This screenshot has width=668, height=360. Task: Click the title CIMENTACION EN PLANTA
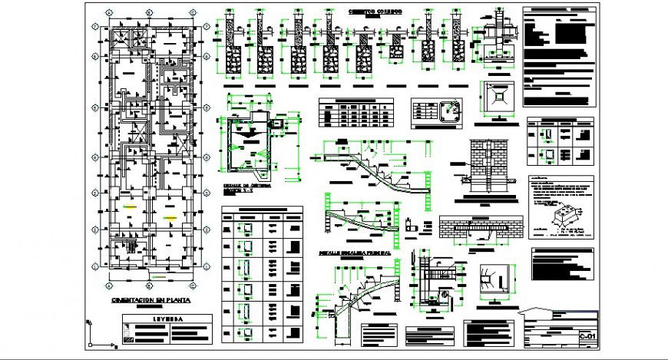click(150, 301)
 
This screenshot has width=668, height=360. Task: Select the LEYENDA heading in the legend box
click(167, 318)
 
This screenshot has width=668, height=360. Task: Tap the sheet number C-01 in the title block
click(587, 336)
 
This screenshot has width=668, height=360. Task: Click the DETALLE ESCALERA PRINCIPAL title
click(355, 251)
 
